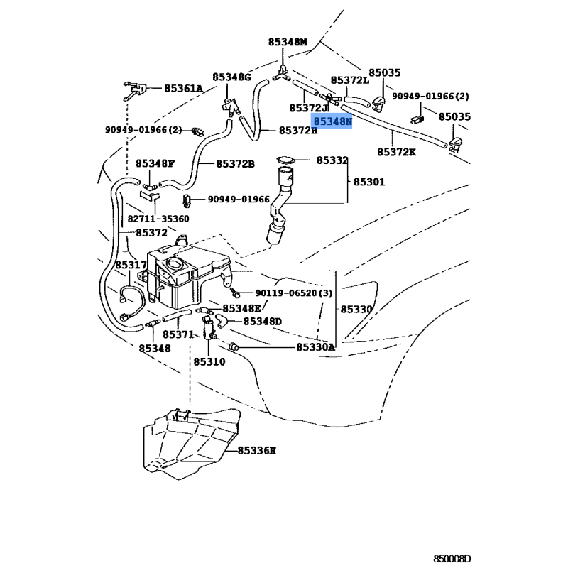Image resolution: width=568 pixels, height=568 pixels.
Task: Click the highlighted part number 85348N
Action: tap(333, 122)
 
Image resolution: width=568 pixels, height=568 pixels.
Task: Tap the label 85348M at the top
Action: tap(288, 43)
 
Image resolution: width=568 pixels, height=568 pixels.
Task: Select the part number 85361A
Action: tap(183, 89)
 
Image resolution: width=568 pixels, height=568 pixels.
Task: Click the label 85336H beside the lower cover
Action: tap(256, 450)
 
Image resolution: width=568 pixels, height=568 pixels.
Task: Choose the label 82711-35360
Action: tap(158, 219)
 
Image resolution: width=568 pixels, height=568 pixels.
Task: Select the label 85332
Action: tap(332, 161)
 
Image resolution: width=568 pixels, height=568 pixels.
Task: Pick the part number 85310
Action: tap(209, 361)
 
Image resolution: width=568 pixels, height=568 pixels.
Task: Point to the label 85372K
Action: tap(396, 152)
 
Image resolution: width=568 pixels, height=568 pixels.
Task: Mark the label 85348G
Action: tap(231, 77)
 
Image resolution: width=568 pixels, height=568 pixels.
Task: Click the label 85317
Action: tap(131, 265)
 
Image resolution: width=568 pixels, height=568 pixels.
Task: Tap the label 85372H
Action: tap(298, 130)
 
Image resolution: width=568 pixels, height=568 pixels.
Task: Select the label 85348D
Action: tap(262, 321)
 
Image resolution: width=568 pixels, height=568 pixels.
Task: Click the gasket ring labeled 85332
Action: tap(283, 160)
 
